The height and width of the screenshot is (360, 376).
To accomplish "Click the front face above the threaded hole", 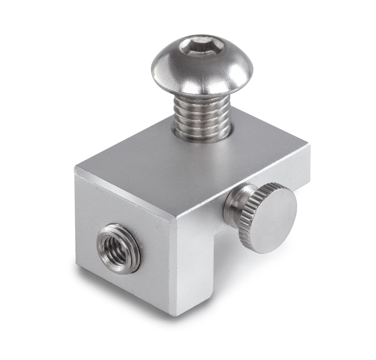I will coord(122,202).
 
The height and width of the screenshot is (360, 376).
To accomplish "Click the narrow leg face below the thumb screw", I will coord(197,273).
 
